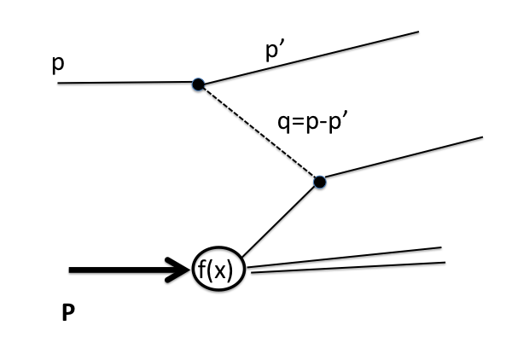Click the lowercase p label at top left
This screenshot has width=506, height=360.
pos(58,65)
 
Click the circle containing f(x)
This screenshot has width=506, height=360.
pos(219,271)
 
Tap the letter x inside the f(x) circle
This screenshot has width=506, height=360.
pos(226,272)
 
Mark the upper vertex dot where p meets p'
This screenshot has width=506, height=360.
pos(198,84)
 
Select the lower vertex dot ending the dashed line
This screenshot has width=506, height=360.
pos(319,182)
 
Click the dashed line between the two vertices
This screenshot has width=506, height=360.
pos(259,133)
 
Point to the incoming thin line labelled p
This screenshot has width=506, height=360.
pos(128,83)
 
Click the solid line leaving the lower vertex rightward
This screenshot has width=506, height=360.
pos(401,159)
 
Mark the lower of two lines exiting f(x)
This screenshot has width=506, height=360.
pos(350,268)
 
